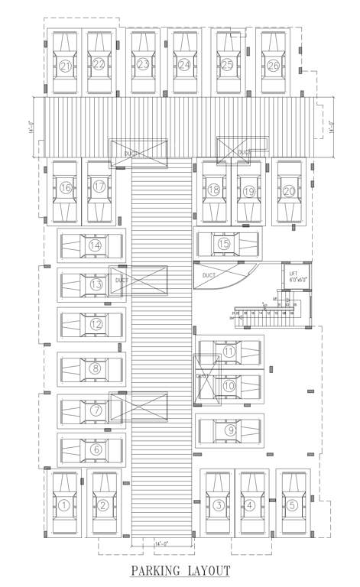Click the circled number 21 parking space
click(x=66, y=66)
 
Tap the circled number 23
click(x=143, y=65)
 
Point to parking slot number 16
click(x=66, y=187)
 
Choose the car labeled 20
click(x=289, y=190)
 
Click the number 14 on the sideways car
click(x=95, y=246)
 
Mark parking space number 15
click(x=224, y=244)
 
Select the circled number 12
click(x=96, y=324)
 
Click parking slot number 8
click(x=96, y=368)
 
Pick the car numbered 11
click(x=229, y=352)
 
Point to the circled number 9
click(x=230, y=430)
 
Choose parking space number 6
click(x=96, y=449)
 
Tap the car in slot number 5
click(x=293, y=504)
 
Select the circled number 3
click(x=219, y=505)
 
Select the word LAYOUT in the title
click(x=207, y=571)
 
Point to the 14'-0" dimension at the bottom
click(x=161, y=543)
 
